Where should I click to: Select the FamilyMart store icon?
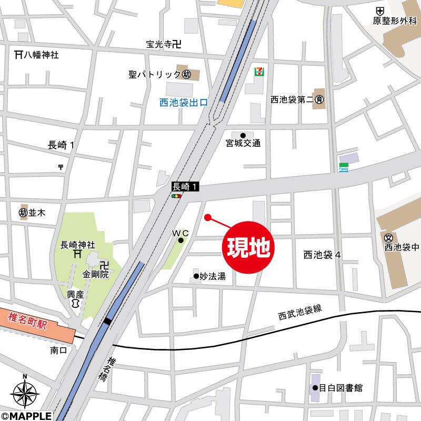click(343, 167)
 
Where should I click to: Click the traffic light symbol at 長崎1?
click(177, 196)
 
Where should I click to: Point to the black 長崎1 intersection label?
click(186, 186)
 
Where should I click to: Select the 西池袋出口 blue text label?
click(184, 103)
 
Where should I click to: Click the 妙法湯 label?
click(213, 276)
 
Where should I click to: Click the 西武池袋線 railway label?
click(299, 313)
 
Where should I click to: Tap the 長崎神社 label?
click(77, 244)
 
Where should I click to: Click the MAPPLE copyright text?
click(26, 416)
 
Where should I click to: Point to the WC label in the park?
click(180, 233)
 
